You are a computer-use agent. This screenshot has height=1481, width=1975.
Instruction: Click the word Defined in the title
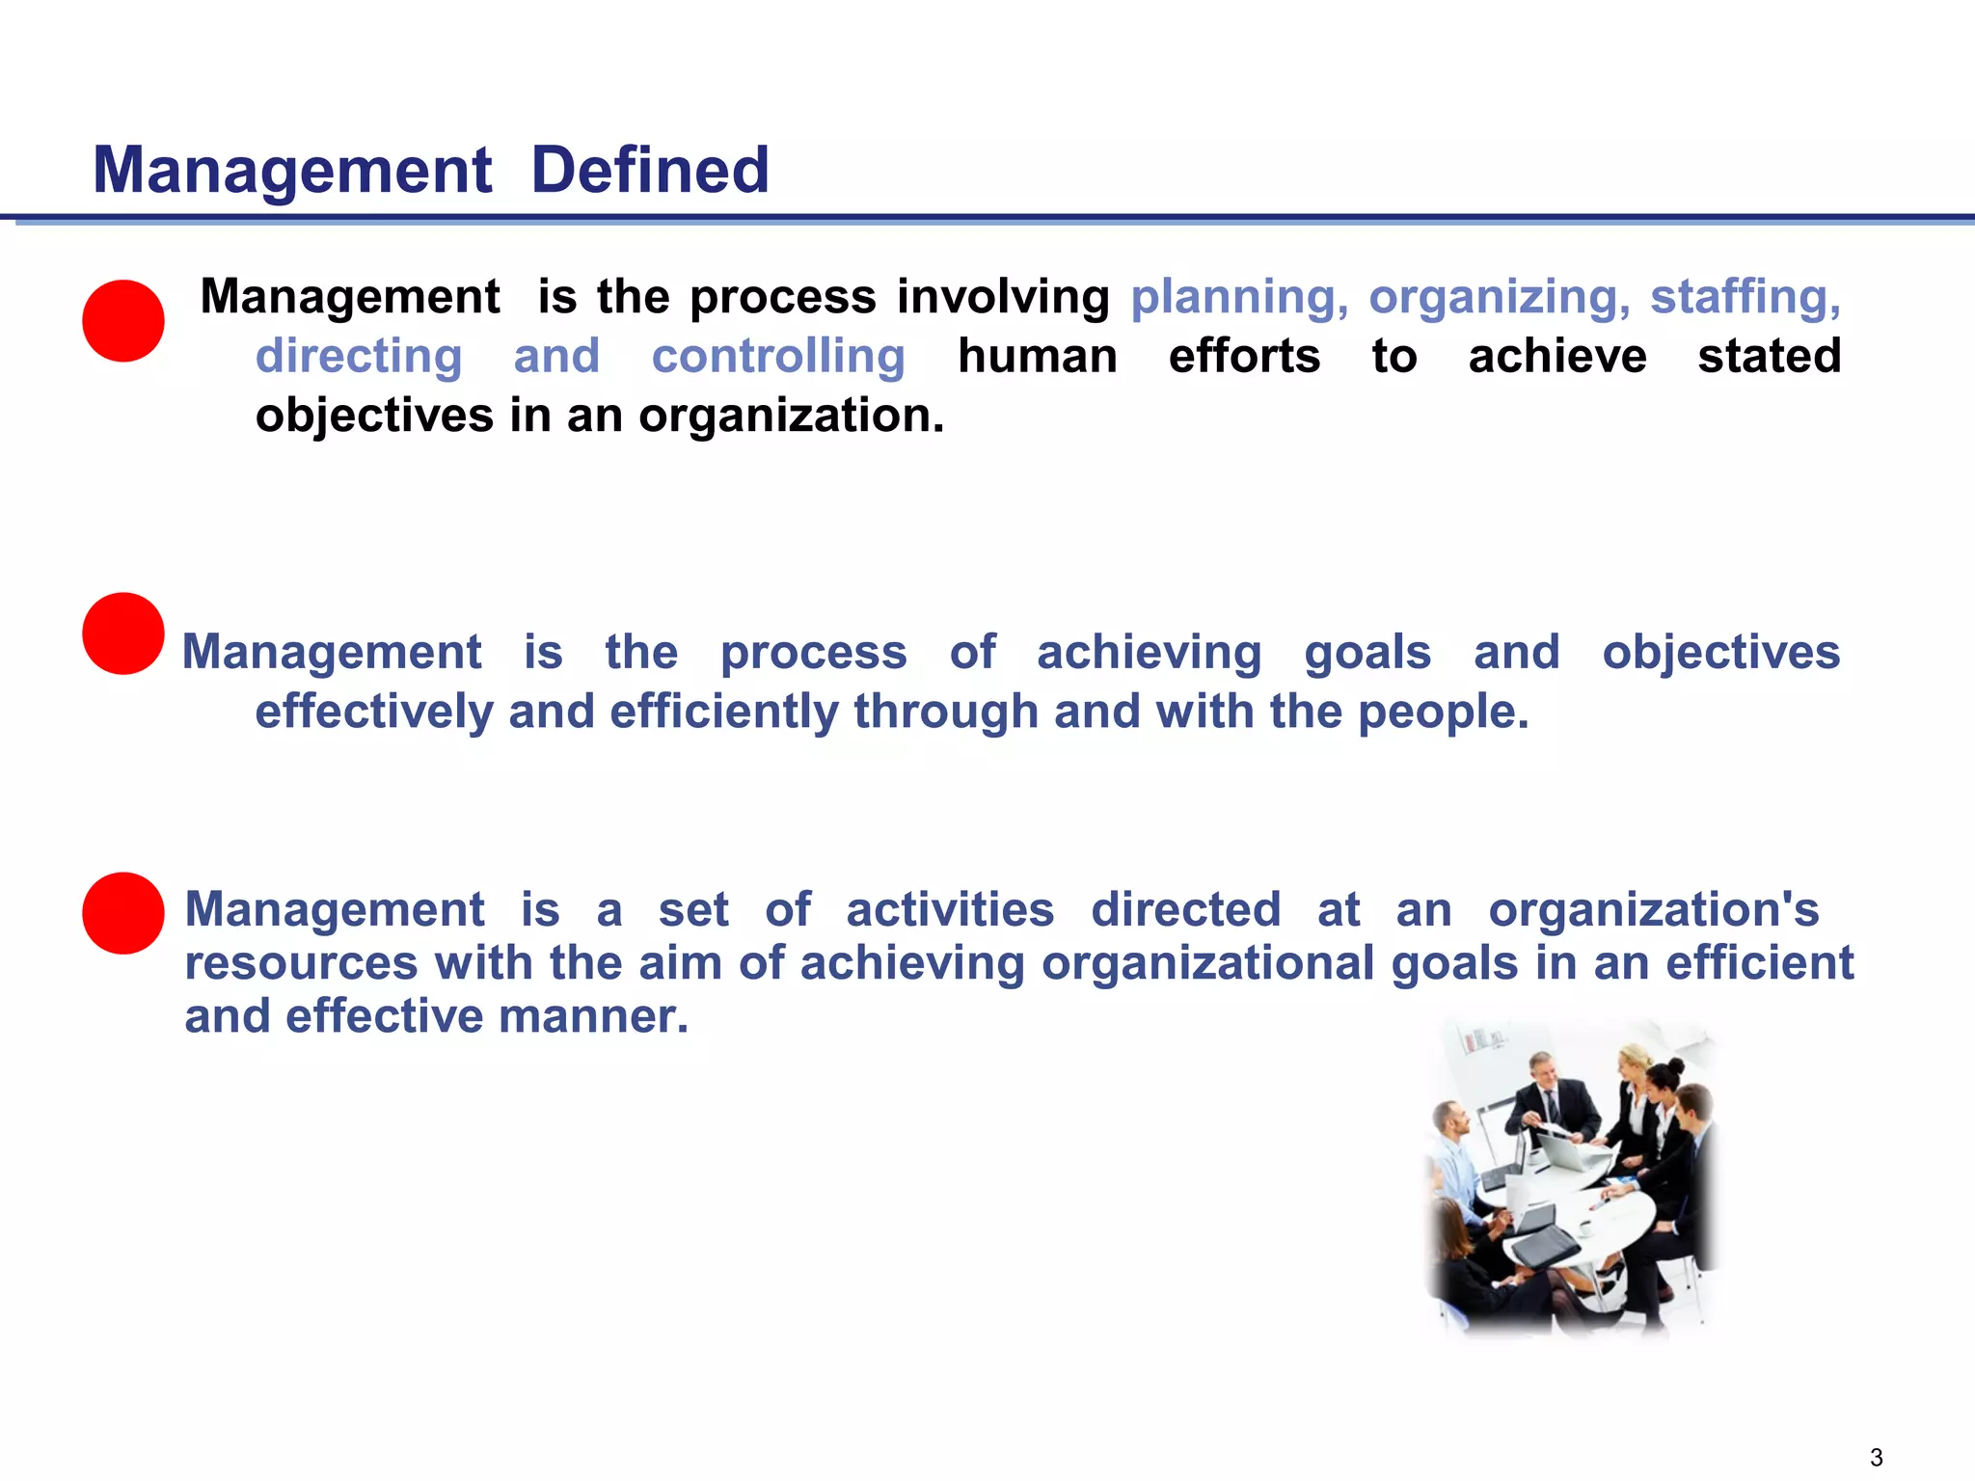click(650, 171)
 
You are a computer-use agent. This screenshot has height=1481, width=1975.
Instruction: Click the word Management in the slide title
click(292, 171)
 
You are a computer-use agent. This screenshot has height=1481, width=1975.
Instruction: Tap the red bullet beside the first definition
click(123, 321)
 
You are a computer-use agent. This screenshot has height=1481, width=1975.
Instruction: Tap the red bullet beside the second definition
click(123, 633)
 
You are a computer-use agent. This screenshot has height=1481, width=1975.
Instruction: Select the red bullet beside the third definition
click(123, 913)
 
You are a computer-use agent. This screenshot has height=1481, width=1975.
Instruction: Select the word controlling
click(778, 357)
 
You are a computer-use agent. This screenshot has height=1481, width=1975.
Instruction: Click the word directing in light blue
click(359, 357)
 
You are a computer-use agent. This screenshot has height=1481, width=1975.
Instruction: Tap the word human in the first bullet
click(1038, 357)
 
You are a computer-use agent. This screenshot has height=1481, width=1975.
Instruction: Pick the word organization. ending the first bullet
click(791, 417)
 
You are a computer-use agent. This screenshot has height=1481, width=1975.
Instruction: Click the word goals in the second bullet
click(1367, 653)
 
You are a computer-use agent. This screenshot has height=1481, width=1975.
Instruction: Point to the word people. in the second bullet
click(1444, 713)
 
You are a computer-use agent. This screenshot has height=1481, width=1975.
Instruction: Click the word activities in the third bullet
click(950, 910)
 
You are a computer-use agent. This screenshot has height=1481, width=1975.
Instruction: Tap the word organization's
click(1654, 910)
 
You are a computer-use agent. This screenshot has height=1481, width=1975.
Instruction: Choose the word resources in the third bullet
click(301, 963)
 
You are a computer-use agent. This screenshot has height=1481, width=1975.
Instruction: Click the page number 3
click(1876, 1457)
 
